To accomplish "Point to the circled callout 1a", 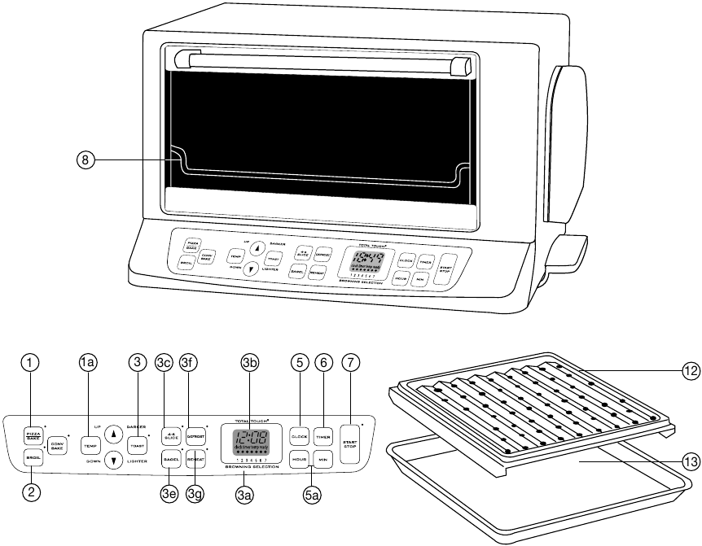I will (88, 365).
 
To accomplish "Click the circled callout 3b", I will (250, 365).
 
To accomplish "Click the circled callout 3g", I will (195, 493).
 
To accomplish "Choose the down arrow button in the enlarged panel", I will (115, 460).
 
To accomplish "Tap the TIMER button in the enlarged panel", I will (323, 438).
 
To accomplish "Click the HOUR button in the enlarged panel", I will (299, 460).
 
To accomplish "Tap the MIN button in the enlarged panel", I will (323, 460).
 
